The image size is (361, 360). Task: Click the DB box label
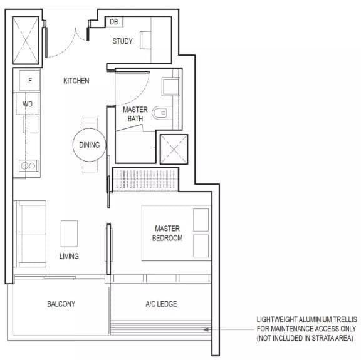click(113, 22)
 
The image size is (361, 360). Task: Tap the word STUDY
click(122, 41)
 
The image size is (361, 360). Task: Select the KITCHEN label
click(76, 81)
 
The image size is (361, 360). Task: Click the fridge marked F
click(29, 80)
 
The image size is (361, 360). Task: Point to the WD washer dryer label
click(28, 104)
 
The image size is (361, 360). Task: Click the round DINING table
click(90, 145)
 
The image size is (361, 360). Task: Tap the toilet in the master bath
click(160, 113)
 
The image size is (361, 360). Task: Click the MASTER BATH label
click(135, 114)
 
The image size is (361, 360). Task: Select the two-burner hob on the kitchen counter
click(29, 166)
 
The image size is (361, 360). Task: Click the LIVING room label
click(69, 256)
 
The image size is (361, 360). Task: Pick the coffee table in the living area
click(69, 234)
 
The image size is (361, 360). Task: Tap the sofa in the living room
click(30, 234)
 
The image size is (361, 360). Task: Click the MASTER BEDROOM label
click(167, 234)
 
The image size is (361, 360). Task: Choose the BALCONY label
click(61, 304)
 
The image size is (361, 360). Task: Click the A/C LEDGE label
click(161, 304)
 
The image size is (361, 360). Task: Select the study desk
click(145, 40)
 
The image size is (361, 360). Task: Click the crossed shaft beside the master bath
click(174, 149)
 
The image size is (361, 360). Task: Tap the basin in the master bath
click(171, 86)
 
